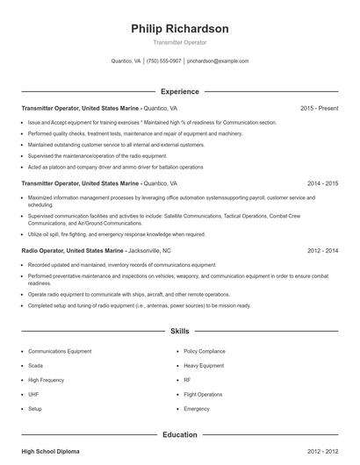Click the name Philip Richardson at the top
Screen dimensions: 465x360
179,29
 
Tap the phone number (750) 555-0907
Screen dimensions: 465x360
163,61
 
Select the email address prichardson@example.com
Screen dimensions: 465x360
218,61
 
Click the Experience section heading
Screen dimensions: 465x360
179,91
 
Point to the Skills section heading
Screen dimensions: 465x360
179,332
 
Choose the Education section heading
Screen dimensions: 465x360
179,434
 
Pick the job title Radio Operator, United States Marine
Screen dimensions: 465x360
72,250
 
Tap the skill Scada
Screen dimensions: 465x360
35,365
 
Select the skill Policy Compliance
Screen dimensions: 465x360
203,351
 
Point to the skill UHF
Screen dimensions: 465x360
34,394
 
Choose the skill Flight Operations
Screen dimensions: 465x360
203,394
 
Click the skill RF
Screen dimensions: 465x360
187,380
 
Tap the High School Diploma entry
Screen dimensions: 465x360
50,451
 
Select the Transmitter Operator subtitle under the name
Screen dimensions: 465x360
179,42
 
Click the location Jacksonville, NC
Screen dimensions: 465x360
149,250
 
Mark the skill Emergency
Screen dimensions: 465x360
197,409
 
